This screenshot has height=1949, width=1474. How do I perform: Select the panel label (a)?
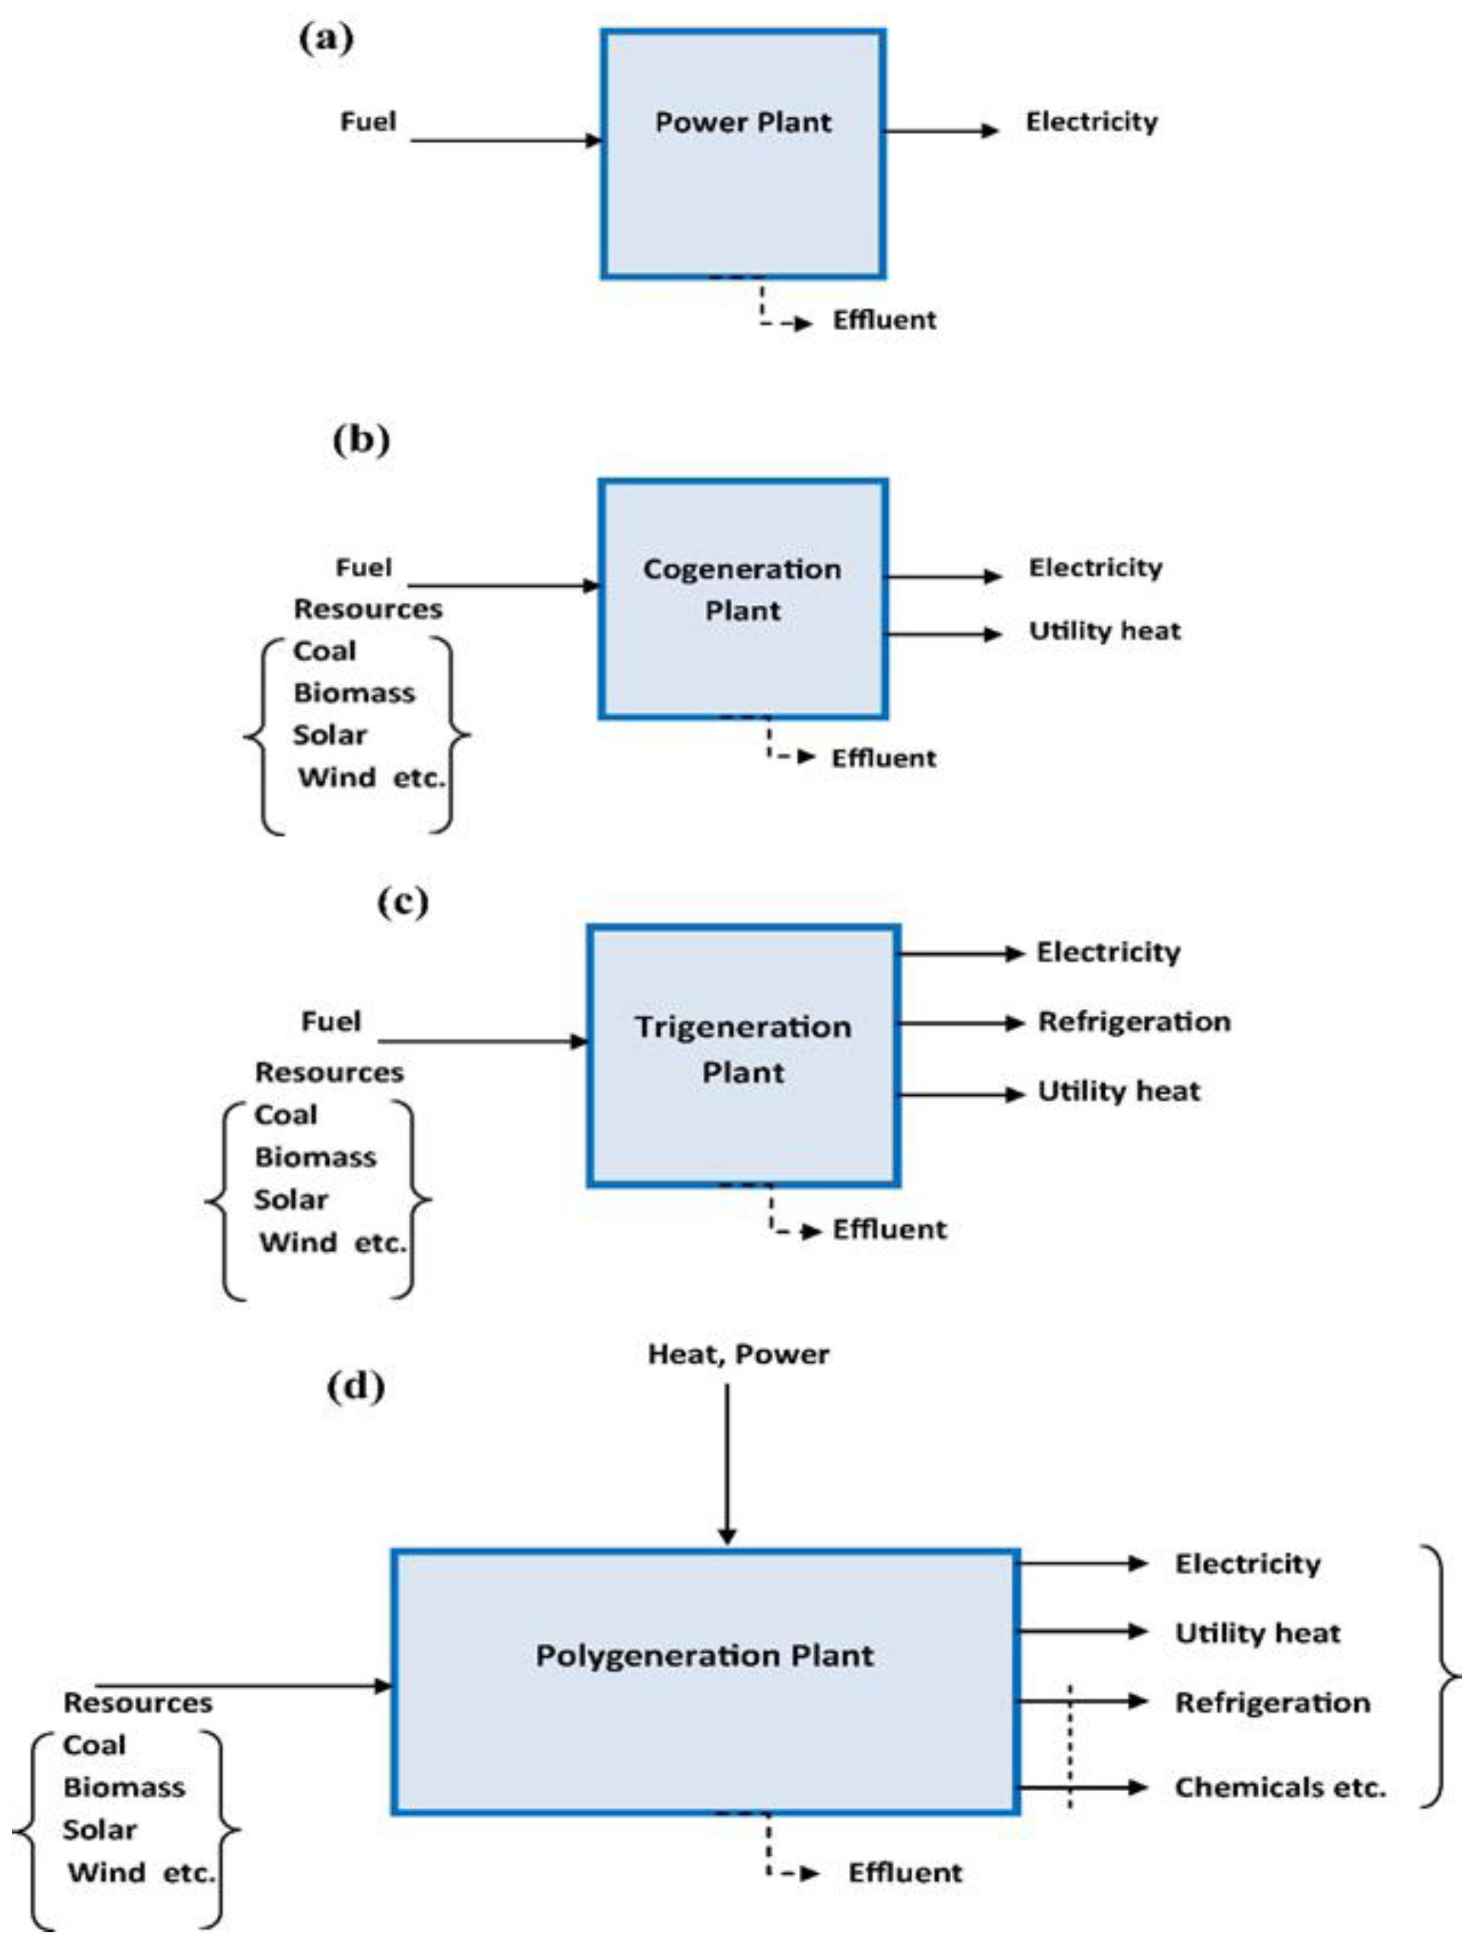[326, 40]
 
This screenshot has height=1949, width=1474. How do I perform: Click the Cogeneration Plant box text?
[742, 589]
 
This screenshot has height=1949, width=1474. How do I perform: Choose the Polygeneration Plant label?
[705, 1656]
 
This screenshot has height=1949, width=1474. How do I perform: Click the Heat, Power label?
[738, 1354]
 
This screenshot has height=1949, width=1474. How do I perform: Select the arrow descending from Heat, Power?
[727, 1463]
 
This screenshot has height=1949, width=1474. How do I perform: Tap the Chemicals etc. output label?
[1280, 1787]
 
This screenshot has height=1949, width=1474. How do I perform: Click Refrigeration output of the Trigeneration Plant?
[1134, 1022]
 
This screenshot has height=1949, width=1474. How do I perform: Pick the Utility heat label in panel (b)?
[1104, 631]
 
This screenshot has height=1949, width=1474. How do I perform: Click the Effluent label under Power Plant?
[884, 320]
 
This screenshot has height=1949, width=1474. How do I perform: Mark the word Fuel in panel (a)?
[368, 122]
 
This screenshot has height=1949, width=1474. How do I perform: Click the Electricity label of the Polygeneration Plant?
[1248, 1564]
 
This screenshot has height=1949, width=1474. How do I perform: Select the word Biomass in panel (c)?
[315, 1157]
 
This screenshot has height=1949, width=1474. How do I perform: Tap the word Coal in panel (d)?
[94, 1746]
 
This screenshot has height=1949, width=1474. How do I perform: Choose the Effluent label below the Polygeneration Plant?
[905, 1872]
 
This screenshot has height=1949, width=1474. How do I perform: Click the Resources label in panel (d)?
[138, 1703]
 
